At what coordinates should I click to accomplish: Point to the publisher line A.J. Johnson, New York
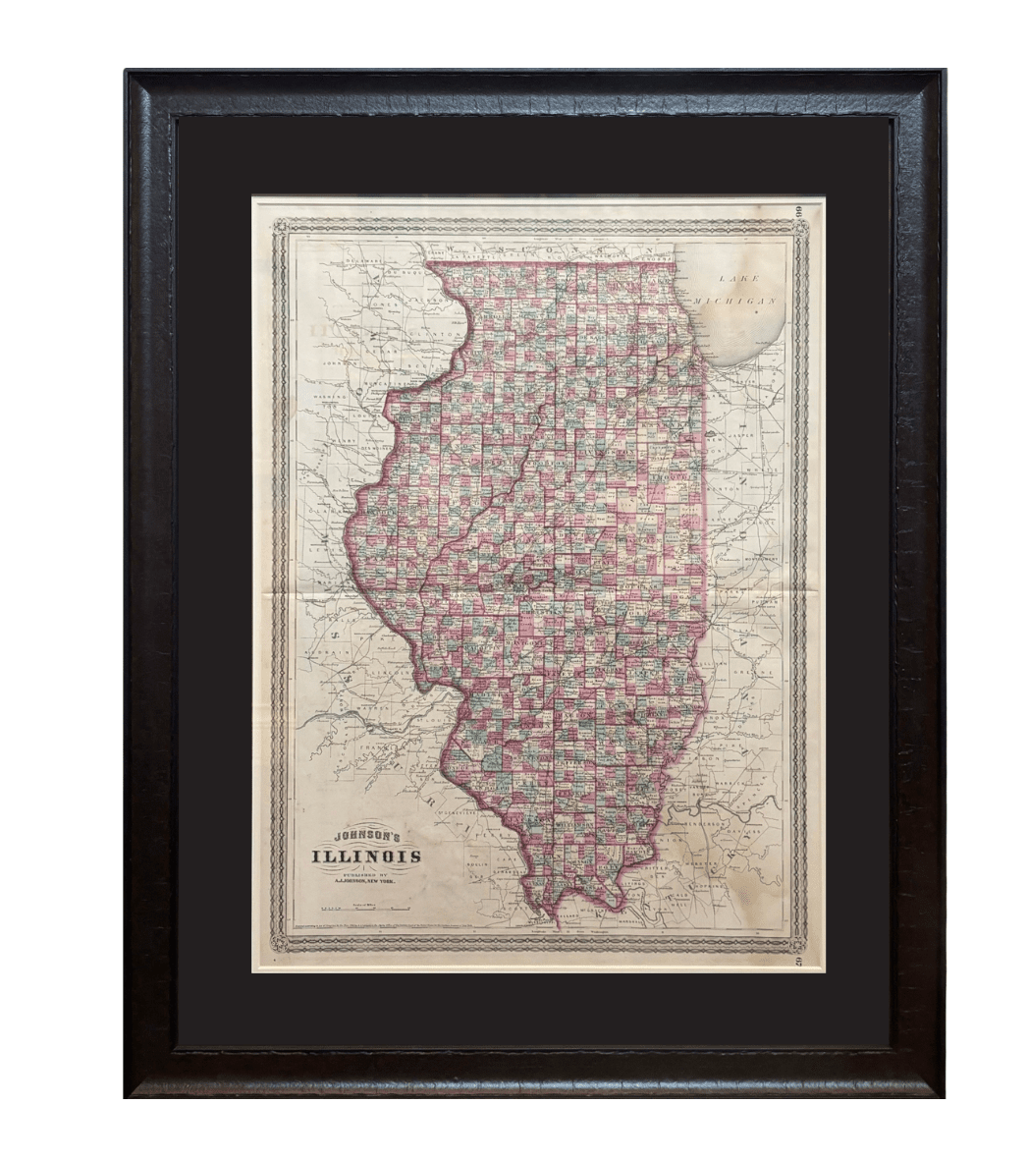coord(366,881)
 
